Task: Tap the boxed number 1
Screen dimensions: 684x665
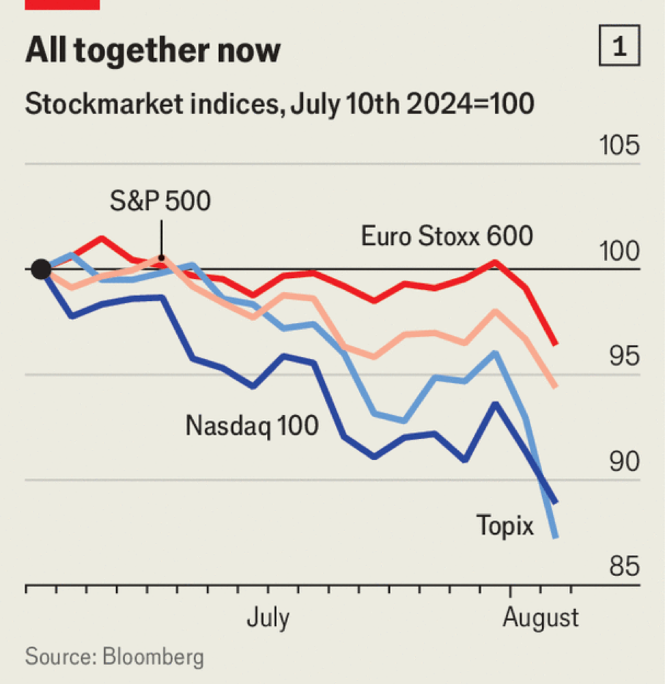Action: coord(619,48)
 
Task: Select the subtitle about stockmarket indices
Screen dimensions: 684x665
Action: coord(279,106)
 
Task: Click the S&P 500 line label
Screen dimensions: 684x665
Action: coord(160,201)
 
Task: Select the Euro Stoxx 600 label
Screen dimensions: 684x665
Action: coord(447,236)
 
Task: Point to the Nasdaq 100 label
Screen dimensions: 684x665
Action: coord(252,426)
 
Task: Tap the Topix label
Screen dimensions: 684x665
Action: coord(505,526)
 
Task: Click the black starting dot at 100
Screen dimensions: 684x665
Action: coord(41,269)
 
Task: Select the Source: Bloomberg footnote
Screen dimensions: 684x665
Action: coord(115,657)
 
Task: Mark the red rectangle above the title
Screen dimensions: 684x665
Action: coord(62,4)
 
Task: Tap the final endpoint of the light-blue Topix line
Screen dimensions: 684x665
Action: coord(556,537)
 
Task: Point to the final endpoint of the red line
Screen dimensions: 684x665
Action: coord(556,345)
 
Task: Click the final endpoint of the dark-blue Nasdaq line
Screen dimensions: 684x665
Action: coord(556,502)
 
